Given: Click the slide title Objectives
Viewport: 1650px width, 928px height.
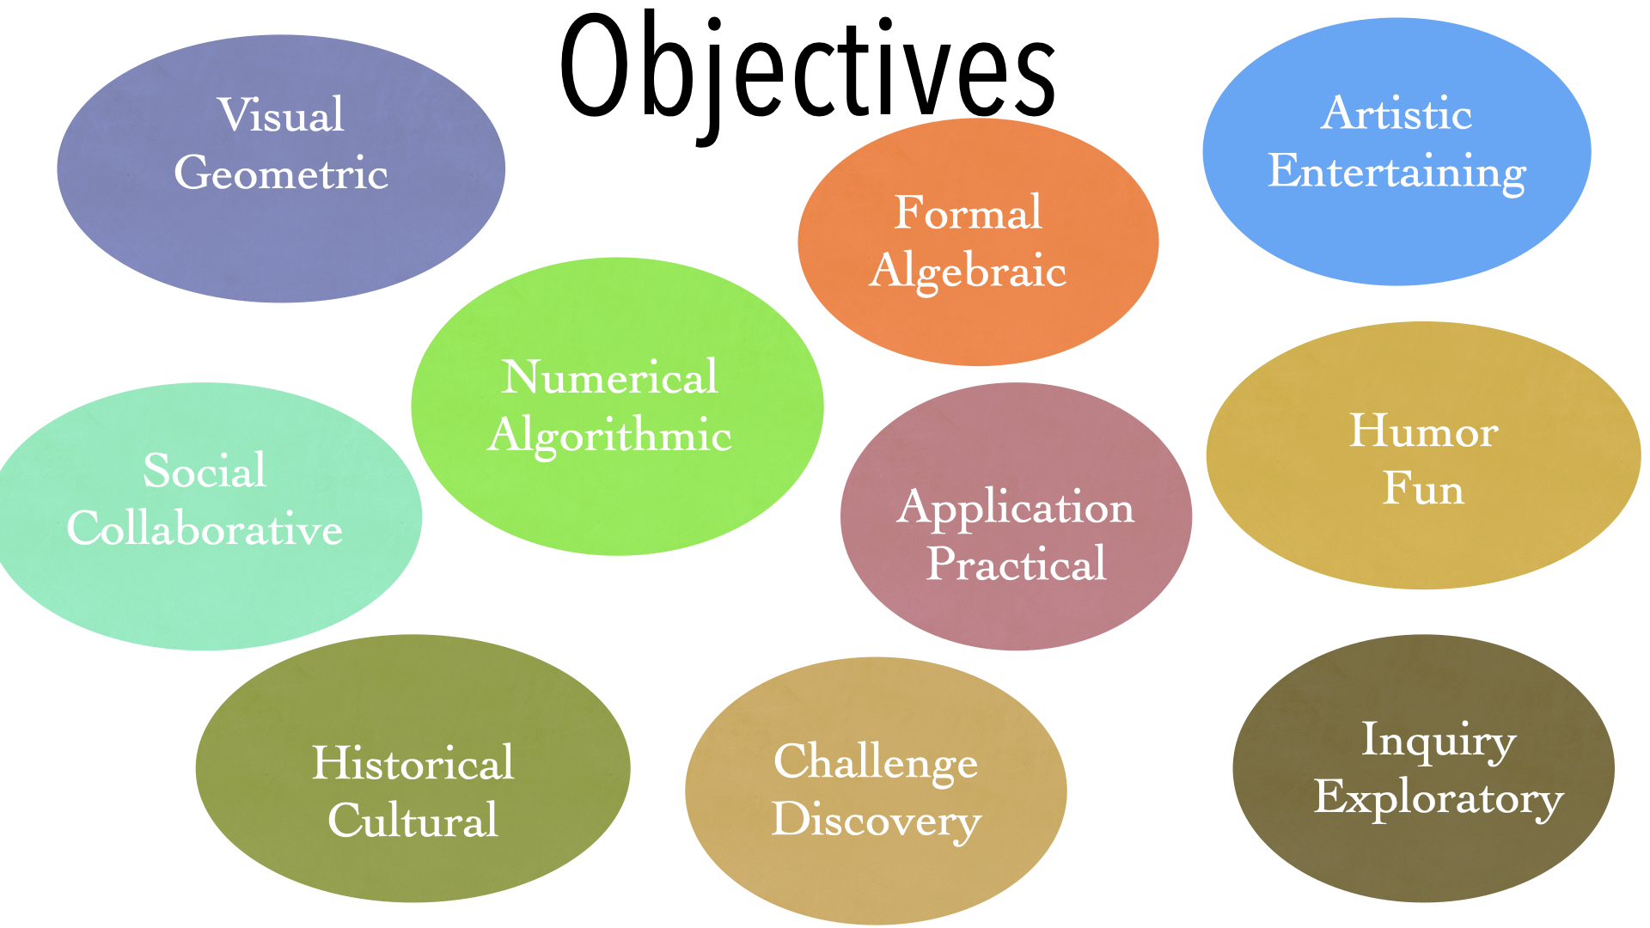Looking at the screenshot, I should point(808,69).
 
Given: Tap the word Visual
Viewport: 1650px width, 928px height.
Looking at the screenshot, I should point(281,115).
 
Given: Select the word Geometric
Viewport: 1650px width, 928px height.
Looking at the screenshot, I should point(281,174).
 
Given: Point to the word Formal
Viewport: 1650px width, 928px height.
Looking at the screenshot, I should point(969,213).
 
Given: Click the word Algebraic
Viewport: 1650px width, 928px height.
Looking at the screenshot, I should point(969,272).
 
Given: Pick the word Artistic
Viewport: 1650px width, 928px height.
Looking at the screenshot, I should point(1396,114).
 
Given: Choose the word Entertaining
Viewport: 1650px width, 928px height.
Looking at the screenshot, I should point(1396,172).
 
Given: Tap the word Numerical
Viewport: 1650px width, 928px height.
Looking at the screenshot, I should point(609,377).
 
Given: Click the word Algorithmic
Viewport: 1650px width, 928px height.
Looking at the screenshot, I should point(609,436).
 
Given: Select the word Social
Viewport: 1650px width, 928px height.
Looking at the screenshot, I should point(205,471).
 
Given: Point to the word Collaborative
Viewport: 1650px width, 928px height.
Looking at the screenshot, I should point(205,528).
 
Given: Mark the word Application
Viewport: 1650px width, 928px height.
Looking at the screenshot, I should point(1016,508).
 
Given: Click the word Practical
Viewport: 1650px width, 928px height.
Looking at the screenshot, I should point(1016,565).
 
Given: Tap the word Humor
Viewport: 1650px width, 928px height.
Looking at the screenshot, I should point(1424,430).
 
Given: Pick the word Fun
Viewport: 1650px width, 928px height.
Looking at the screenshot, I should point(1423,489).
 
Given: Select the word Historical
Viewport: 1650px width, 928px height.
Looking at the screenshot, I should point(412,763).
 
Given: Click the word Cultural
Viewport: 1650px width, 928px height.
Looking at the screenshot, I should point(412,821).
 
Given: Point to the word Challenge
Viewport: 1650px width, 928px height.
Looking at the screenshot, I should point(876,762).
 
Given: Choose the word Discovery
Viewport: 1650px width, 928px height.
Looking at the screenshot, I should point(876,820).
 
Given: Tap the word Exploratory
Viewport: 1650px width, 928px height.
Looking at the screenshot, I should point(1438,798).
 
